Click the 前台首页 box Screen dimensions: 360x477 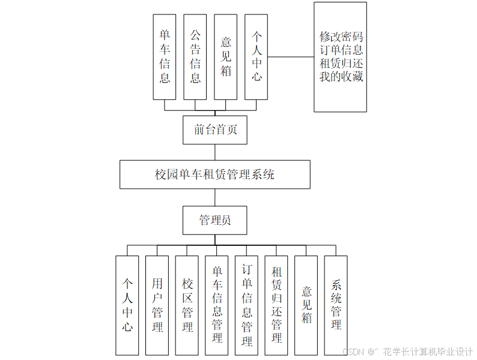(214, 130)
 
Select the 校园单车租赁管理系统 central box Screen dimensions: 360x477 (214, 175)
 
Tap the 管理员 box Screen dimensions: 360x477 (214, 221)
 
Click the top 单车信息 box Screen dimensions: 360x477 (165, 57)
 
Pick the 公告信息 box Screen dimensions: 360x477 (195, 57)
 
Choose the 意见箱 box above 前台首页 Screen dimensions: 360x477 (226, 57)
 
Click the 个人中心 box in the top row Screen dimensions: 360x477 (257, 57)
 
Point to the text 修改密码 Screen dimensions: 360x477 (341, 36)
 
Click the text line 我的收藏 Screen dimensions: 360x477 (341, 77)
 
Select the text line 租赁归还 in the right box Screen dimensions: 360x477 (341, 63)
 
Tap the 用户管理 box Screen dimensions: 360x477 (157, 305)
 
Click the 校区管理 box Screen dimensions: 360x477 (187, 305)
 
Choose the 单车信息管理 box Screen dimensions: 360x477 (217, 305)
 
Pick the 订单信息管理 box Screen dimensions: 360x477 (246, 305)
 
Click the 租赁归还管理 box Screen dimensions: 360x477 (276, 305)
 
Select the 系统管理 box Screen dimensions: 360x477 (336, 305)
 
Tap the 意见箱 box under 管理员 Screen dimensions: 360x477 (306, 305)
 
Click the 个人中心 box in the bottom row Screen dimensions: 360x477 (127, 305)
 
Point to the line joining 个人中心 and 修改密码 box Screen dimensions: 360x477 (291, 57)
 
